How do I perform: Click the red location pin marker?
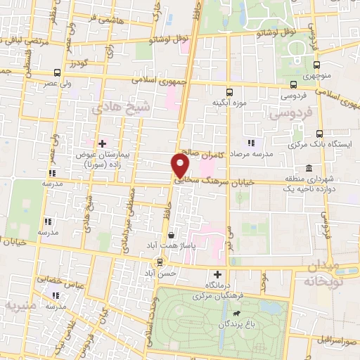point(180,165)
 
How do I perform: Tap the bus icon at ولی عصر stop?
point(56,72)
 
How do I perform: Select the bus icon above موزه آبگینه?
point(229,91)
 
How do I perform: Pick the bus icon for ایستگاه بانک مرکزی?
point(320,134)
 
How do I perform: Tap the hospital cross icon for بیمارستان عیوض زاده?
point(103,143)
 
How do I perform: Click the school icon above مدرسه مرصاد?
point(251,143)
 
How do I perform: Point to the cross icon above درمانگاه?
point(217,274)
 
